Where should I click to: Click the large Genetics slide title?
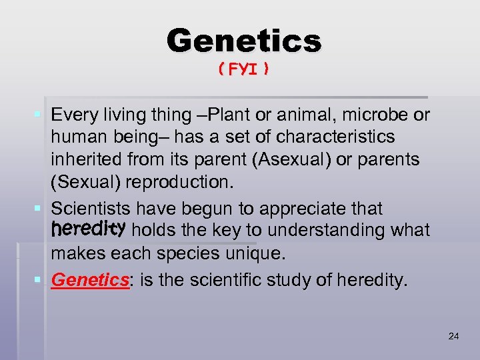(x=244, y=41)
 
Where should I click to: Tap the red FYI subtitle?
(x=244, y=69)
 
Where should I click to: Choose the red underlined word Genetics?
(x=89, y=280)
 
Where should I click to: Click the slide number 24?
(x=453, y=337)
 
